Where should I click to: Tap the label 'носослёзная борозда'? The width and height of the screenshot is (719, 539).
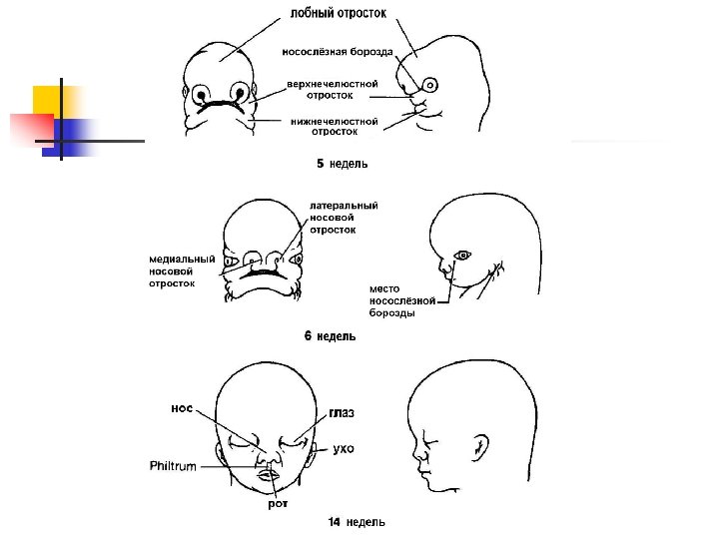337,52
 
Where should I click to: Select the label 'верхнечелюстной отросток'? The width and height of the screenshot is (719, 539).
333,90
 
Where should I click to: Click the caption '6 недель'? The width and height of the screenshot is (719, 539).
330,336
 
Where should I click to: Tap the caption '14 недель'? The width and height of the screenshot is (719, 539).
357,521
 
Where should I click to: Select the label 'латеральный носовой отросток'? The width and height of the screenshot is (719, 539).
344,218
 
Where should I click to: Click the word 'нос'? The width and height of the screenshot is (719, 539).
182,407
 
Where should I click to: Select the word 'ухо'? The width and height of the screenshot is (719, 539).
343,449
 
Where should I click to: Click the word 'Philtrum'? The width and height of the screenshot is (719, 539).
173,465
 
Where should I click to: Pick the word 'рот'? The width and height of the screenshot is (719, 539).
278,504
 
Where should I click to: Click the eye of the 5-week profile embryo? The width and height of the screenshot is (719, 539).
430,84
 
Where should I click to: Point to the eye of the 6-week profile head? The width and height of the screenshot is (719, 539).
461,254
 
